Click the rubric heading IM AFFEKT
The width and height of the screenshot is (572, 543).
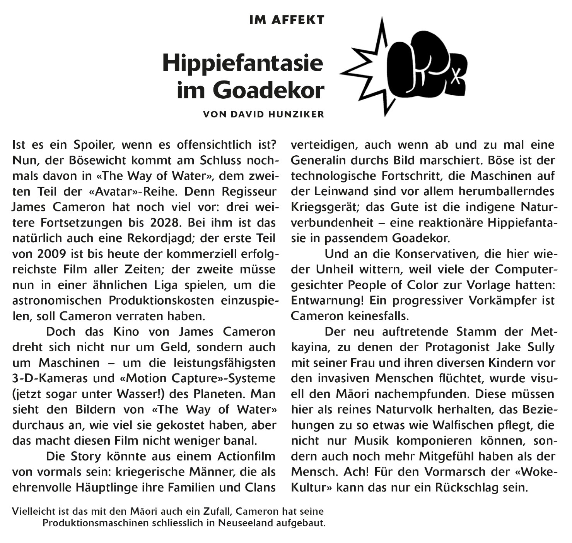(287, 20)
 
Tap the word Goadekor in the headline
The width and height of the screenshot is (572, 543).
(269, 90)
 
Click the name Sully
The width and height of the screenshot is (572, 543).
(541, 347)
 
